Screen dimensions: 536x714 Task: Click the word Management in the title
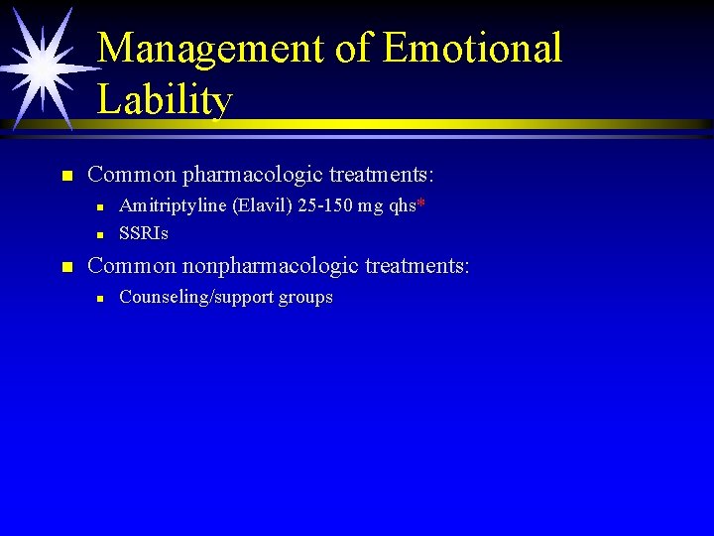click(213, 48)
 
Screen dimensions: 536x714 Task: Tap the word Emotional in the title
click(472, 48)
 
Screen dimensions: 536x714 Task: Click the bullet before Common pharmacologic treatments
click(67, 177)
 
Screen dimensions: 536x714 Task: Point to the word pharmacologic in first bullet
click(253, 176)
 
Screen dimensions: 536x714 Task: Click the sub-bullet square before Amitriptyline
click(100, 207)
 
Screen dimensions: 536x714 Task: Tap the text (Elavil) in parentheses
click(263, 205)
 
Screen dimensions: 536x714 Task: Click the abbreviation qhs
click(404, 205)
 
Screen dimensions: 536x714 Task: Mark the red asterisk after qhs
click(421, 203)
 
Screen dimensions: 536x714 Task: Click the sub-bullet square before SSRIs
click(100, 235)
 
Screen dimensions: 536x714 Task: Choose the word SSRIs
click(144, 233)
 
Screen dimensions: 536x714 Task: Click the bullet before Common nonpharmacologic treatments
click(67, 268)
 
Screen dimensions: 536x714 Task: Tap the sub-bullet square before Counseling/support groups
click(100, 299)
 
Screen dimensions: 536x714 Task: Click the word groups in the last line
click(305, 298)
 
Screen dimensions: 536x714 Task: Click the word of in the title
click(357, 48)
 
